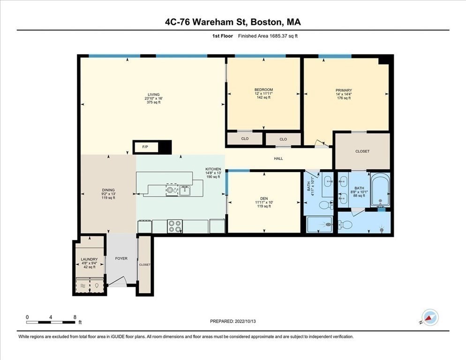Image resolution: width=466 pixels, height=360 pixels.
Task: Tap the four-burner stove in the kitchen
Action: [x=175, y=226]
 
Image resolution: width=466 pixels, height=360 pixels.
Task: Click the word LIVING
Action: [x=154, y=94]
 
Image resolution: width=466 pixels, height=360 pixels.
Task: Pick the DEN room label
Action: [x=264, y=199]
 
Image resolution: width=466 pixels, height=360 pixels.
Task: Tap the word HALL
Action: [x=278, y=158]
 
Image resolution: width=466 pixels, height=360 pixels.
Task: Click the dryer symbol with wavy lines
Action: [x=83, y=285]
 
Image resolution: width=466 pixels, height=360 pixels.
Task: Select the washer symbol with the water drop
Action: [x=97, y=285]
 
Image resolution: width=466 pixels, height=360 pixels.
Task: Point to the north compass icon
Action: [x=429, y=317]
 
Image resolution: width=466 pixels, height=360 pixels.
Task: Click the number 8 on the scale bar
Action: [x=75, y=317]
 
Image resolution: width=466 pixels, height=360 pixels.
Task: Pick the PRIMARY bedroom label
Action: [x=344, y=90]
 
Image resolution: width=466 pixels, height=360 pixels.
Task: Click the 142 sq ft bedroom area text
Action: [x=263, y=98]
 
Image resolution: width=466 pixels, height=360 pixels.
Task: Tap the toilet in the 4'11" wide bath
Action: [x=323, y=205]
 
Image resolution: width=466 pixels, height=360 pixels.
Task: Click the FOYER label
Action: [x=121, y=258]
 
